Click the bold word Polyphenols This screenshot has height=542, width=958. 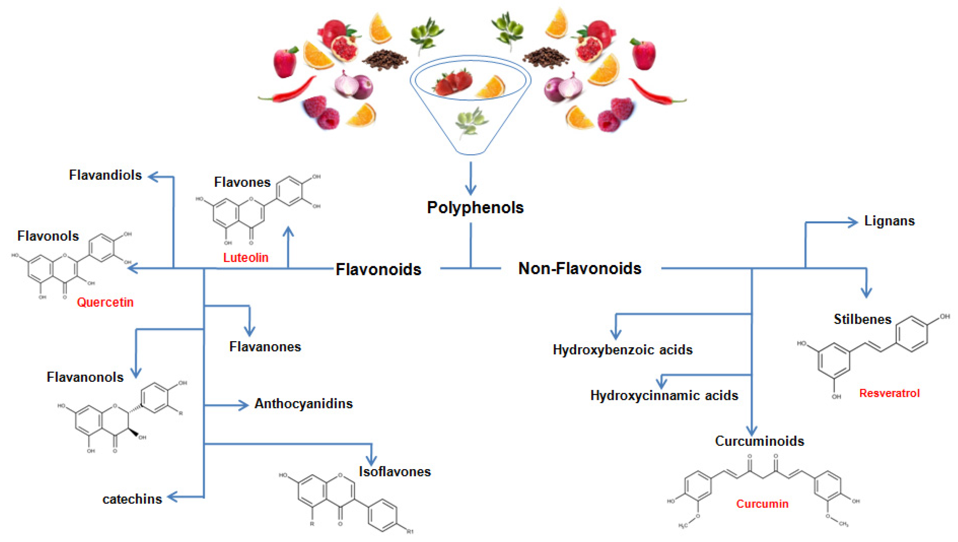click(475, 208)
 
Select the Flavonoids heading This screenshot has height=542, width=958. click(378, 270)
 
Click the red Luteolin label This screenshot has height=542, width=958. click(246, 258)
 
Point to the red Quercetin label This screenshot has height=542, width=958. click(105, 302)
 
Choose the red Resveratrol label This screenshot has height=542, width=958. click(889, 393)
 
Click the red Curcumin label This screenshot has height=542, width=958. click(762, 504)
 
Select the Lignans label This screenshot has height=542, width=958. click(889, 221)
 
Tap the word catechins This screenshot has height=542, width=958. click(132, 499)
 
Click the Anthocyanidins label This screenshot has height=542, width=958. click(303, 404)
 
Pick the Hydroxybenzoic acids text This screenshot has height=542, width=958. click(623, 350)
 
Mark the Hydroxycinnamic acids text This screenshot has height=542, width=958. click(664, 395)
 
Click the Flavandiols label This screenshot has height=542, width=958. click(105, 175)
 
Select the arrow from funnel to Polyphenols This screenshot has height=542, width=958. click(471, 179)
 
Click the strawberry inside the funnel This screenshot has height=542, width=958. click(452, 83)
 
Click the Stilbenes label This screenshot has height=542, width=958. click(862, 319)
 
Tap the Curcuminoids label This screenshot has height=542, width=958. click(759, 441)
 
